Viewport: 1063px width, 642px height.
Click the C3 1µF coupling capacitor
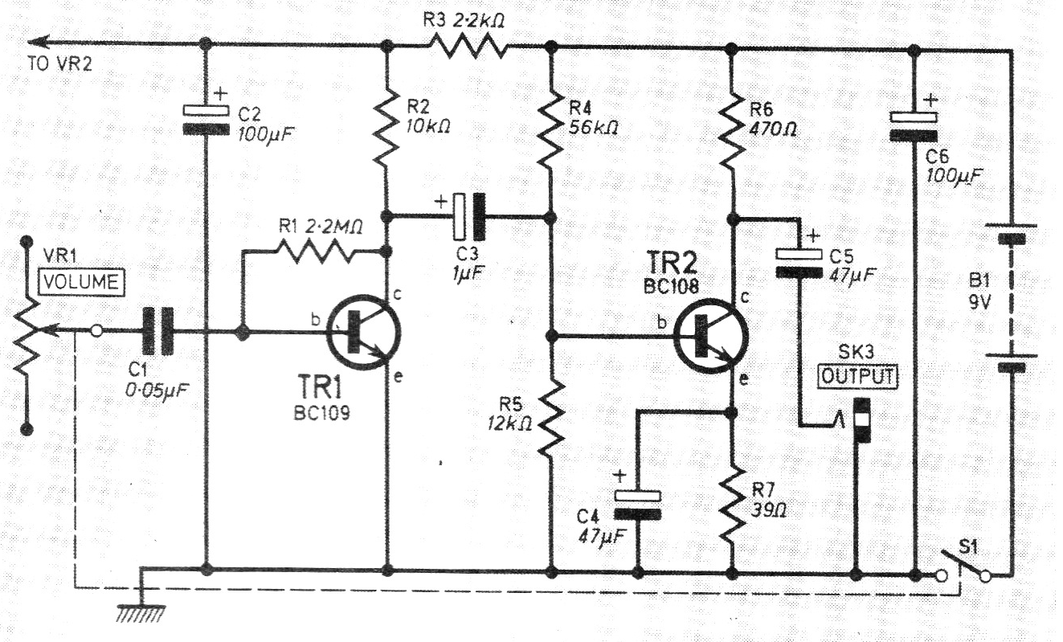[468, 217]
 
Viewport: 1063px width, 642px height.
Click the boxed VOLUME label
[83, 282]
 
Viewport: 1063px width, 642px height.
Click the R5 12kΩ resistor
[551, 417]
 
